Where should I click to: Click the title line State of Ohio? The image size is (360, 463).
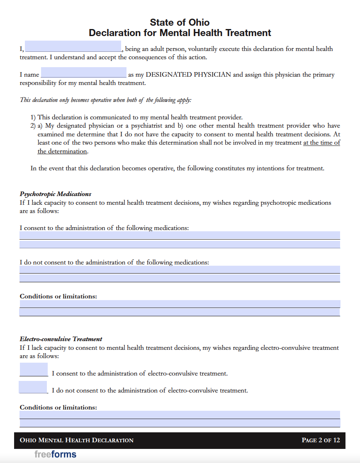click(180, 22)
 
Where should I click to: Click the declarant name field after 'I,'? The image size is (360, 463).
click(73, 46)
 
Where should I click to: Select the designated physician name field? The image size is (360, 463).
click(83, 73)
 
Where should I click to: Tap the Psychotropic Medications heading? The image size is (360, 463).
click(56, 194)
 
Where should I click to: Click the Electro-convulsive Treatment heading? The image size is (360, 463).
click(61, 339)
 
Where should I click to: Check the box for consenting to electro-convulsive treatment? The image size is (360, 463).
click(34, 369)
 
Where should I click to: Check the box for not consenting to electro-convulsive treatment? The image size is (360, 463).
click(33, 387)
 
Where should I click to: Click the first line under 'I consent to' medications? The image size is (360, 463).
click(180, 235)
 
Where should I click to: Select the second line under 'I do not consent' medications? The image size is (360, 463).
click(180, 278)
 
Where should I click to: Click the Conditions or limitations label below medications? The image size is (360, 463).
click(58, 296)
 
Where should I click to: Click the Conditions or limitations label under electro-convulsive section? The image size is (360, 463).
click(58, 407)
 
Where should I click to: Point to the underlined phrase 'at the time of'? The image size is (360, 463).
click(321, 143)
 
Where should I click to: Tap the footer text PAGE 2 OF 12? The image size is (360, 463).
click(321, 440)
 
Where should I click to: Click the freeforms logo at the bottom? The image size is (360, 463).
click(55, 454)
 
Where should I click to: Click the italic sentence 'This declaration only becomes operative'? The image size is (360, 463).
click(106, 100)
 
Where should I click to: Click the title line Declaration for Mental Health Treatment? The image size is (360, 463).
click(180, 33)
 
